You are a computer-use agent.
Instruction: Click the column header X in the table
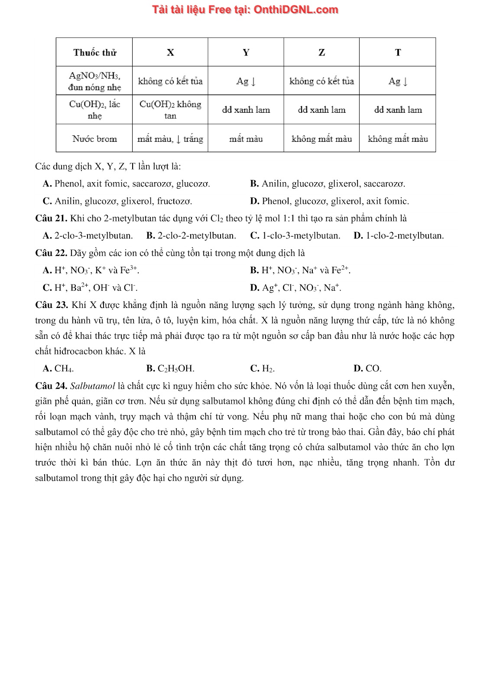(x=170, y=52)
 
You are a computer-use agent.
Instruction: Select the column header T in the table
(x=398, y=52)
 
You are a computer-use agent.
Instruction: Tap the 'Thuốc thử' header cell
(x=94, y=52)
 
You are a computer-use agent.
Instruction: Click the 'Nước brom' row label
(x=94, y=139)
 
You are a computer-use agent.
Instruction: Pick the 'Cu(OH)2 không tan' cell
(x=170, y=110)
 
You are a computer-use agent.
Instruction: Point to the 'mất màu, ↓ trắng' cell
(x=170, y=139)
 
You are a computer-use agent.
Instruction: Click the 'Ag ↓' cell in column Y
(x=246, y=81)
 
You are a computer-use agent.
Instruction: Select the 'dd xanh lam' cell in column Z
(x=321, y=110)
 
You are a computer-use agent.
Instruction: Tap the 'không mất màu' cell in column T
(x=398, y=139)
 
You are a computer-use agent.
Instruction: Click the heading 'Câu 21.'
(x=51, y=218)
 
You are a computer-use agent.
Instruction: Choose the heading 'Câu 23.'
(x=52, y=305)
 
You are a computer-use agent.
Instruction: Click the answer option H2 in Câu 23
(x=268, y=369)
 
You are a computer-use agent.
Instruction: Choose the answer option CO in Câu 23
(x=373, y=369)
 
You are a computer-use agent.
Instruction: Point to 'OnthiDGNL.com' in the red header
(x=296, y=10)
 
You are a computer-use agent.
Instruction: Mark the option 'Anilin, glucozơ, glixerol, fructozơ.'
(x=123, y=201)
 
